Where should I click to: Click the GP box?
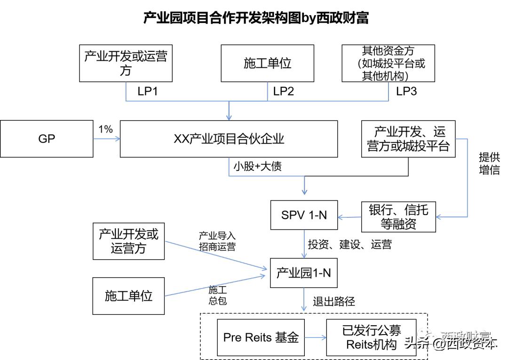[47, 139]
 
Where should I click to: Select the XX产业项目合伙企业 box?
[229, 139]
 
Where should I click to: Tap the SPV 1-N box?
[304, 216]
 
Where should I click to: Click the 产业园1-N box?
[303, 272]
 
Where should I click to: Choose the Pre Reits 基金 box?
[261, 337]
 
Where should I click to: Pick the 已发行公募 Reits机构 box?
[371, 337]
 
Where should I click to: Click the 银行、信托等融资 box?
[398, 216]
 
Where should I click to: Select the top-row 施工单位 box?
[267, 64]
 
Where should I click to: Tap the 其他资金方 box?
[388, 64]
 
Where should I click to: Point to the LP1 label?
[147, 91]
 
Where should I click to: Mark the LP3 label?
[406, 91]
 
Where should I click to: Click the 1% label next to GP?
[105, 129]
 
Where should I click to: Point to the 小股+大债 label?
[257, 166]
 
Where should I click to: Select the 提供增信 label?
[489, 163]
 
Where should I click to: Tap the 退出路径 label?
[333, 301]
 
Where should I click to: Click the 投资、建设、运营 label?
[349, 245]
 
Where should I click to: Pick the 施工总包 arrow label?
[217, 295]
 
